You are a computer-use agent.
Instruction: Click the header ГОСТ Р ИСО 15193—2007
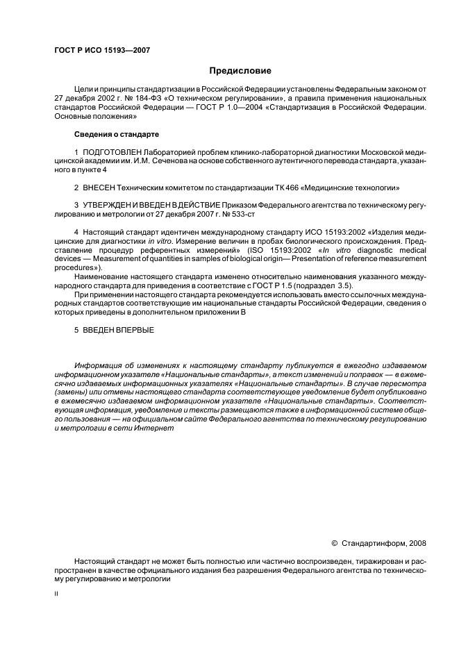tap(102, 50)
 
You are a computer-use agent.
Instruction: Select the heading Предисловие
tap(240, 71)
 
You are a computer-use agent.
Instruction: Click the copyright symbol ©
tap(334, 544)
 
